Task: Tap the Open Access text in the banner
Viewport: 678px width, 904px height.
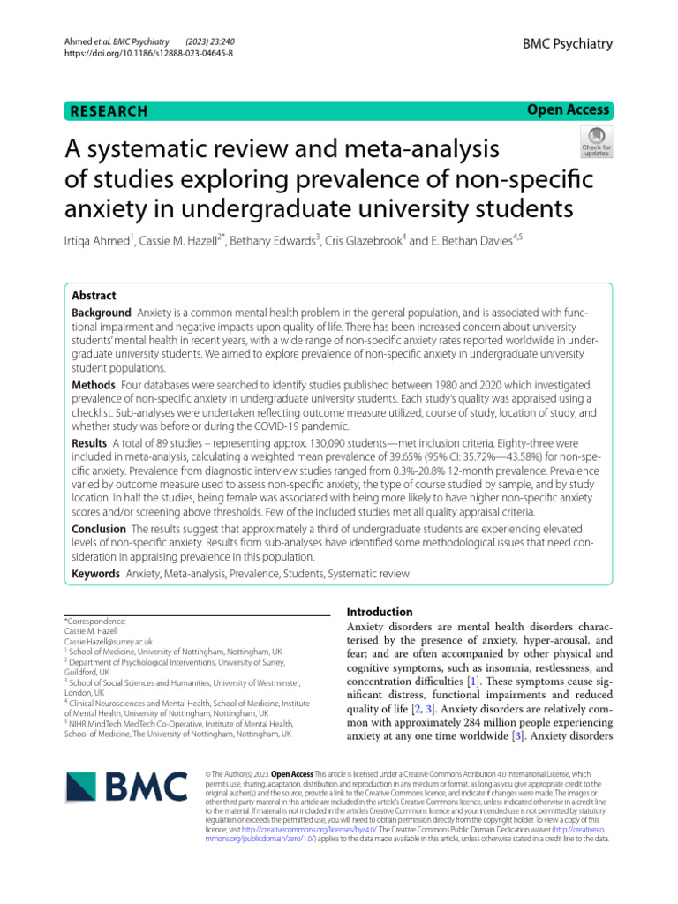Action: coord(569,110)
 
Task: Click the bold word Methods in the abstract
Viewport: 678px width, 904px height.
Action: coord(93,386)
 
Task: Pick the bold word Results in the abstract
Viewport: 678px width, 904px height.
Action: coord(89,441)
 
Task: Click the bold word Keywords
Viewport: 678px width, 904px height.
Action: coord(95,574)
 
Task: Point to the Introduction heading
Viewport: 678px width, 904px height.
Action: coord(380,612)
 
